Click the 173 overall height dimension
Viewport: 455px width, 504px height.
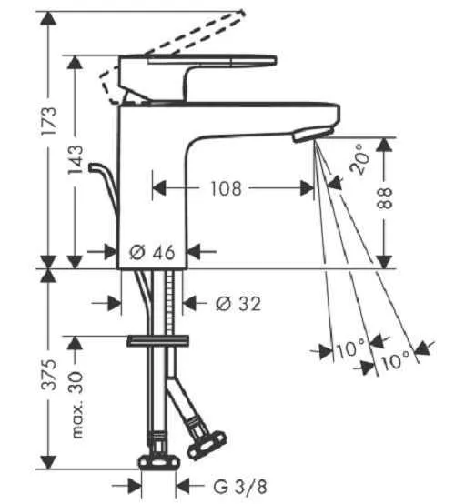tap(49, 122)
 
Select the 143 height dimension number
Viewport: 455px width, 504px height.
tap(76, 160)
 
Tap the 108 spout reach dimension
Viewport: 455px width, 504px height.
tap(226, 188)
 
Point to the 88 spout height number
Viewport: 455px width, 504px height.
tap(384, 198)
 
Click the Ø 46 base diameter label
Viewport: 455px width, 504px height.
tap(152, 252)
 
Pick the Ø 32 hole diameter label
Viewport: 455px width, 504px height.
tap(238, 303)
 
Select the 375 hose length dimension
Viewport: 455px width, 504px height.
tap(49, 375)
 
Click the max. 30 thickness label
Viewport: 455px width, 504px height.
tap(76, 405)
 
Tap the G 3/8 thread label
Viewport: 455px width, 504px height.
tap(240, 487)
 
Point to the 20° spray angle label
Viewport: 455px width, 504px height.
tap(359, 159)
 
